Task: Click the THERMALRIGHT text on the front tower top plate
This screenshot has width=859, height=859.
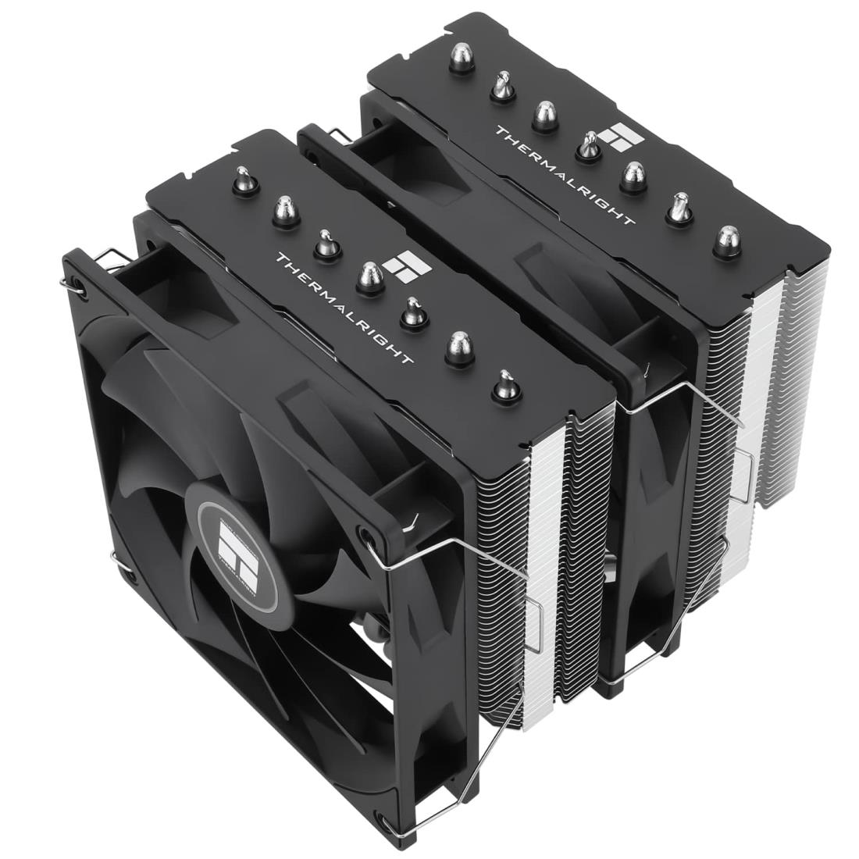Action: coord(344,308)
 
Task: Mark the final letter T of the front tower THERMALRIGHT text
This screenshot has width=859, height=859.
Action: coord(408,360)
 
